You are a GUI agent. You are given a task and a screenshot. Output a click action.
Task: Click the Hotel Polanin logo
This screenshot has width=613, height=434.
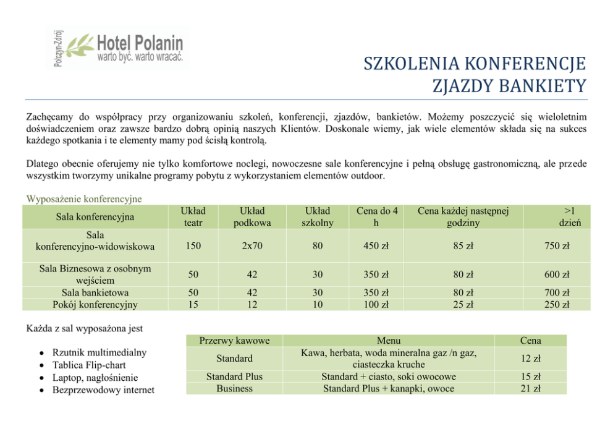(x=118, y=48)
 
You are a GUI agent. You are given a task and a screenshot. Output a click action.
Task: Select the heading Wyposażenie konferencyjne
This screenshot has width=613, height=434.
(x=84, y=199)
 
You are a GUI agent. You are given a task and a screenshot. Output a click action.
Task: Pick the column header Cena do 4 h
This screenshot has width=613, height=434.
(x=376, y=217)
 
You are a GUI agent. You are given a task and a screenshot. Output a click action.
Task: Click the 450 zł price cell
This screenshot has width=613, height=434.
(x=376, y=246)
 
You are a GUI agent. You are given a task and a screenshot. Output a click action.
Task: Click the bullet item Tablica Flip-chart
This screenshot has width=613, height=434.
(x=89, y=365)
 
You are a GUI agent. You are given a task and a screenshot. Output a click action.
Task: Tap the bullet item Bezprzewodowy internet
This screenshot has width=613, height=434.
(x=103, y=389)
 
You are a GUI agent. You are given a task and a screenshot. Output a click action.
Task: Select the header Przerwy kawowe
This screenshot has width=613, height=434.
(x=234, y=341)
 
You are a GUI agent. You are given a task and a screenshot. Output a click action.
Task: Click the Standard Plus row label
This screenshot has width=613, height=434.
(x=234, y=377)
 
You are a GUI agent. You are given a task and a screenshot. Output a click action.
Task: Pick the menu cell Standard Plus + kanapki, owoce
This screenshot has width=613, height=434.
(x=388, y=388)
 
